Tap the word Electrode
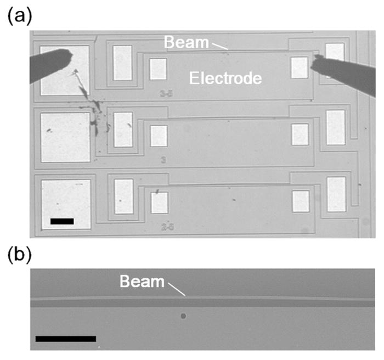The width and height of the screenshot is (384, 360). (x=225, y=79)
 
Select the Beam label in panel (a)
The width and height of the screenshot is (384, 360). (x=181, y=41)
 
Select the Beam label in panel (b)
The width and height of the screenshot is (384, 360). (x=142, y=282)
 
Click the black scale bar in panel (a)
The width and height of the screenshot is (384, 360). (x=61, y=221)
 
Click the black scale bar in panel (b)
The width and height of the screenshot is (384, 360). (x=65, y=339)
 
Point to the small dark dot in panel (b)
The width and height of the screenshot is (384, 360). (x=183, y=316)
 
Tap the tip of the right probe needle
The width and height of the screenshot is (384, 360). (x=313, y=65)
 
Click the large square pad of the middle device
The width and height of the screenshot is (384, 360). (x=65, y=137)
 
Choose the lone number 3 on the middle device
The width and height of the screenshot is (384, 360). (x=163, y=160)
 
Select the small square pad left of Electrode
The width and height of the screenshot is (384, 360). (x=158, y=69)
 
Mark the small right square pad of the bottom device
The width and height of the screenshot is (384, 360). (x=300, y=201)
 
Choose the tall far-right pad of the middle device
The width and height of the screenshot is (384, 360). (x=335, y=127)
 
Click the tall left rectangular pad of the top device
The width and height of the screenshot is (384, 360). (x=122, y=63)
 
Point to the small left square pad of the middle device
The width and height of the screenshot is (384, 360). (x=158, y=136)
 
